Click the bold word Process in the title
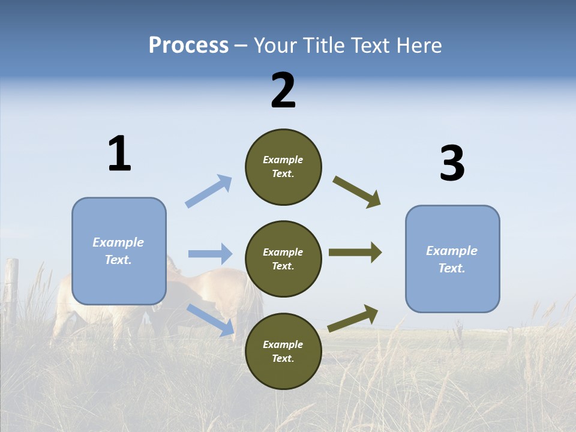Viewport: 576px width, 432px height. point(188,46)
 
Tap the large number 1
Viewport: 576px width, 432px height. point(119,154)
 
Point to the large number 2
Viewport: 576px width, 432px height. point(283,91)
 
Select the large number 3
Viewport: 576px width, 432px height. point(452,164)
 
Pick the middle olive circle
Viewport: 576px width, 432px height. point(283,259)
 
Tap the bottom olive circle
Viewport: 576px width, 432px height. point(283,352)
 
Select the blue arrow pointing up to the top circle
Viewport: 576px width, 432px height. point(209,191)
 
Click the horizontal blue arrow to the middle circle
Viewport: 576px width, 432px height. point(210,254)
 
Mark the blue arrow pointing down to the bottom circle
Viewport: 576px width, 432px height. point(211,319)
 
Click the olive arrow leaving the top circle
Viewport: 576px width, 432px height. point(357,192)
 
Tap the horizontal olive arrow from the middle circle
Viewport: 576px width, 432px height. point(355,253)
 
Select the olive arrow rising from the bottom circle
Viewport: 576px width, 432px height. point(353,318)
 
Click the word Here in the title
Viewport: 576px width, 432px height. point(419,46)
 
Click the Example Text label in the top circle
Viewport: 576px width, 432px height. point(283,167)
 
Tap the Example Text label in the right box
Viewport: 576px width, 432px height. point(452,259)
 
